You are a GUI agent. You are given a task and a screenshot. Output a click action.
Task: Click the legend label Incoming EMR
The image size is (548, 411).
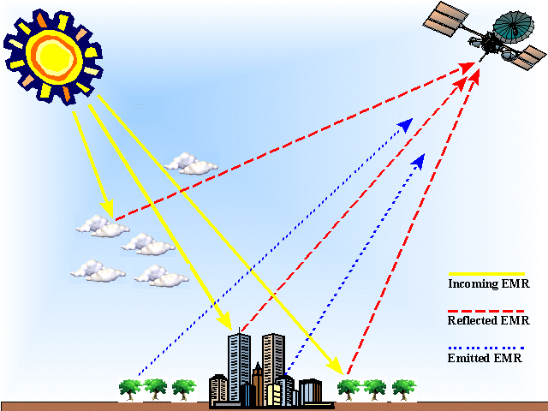[484, 283]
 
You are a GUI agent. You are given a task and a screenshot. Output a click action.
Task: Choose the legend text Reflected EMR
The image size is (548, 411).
[487, 321]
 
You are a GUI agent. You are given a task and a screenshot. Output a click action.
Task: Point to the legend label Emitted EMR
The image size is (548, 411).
[483, 357]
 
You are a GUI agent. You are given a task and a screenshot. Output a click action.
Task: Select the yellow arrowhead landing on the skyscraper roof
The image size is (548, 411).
[229, 325]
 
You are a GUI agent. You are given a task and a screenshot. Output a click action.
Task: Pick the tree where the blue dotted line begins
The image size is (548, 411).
[129, 389]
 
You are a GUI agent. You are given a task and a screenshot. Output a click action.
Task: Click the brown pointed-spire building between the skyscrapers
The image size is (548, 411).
[257, 377]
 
